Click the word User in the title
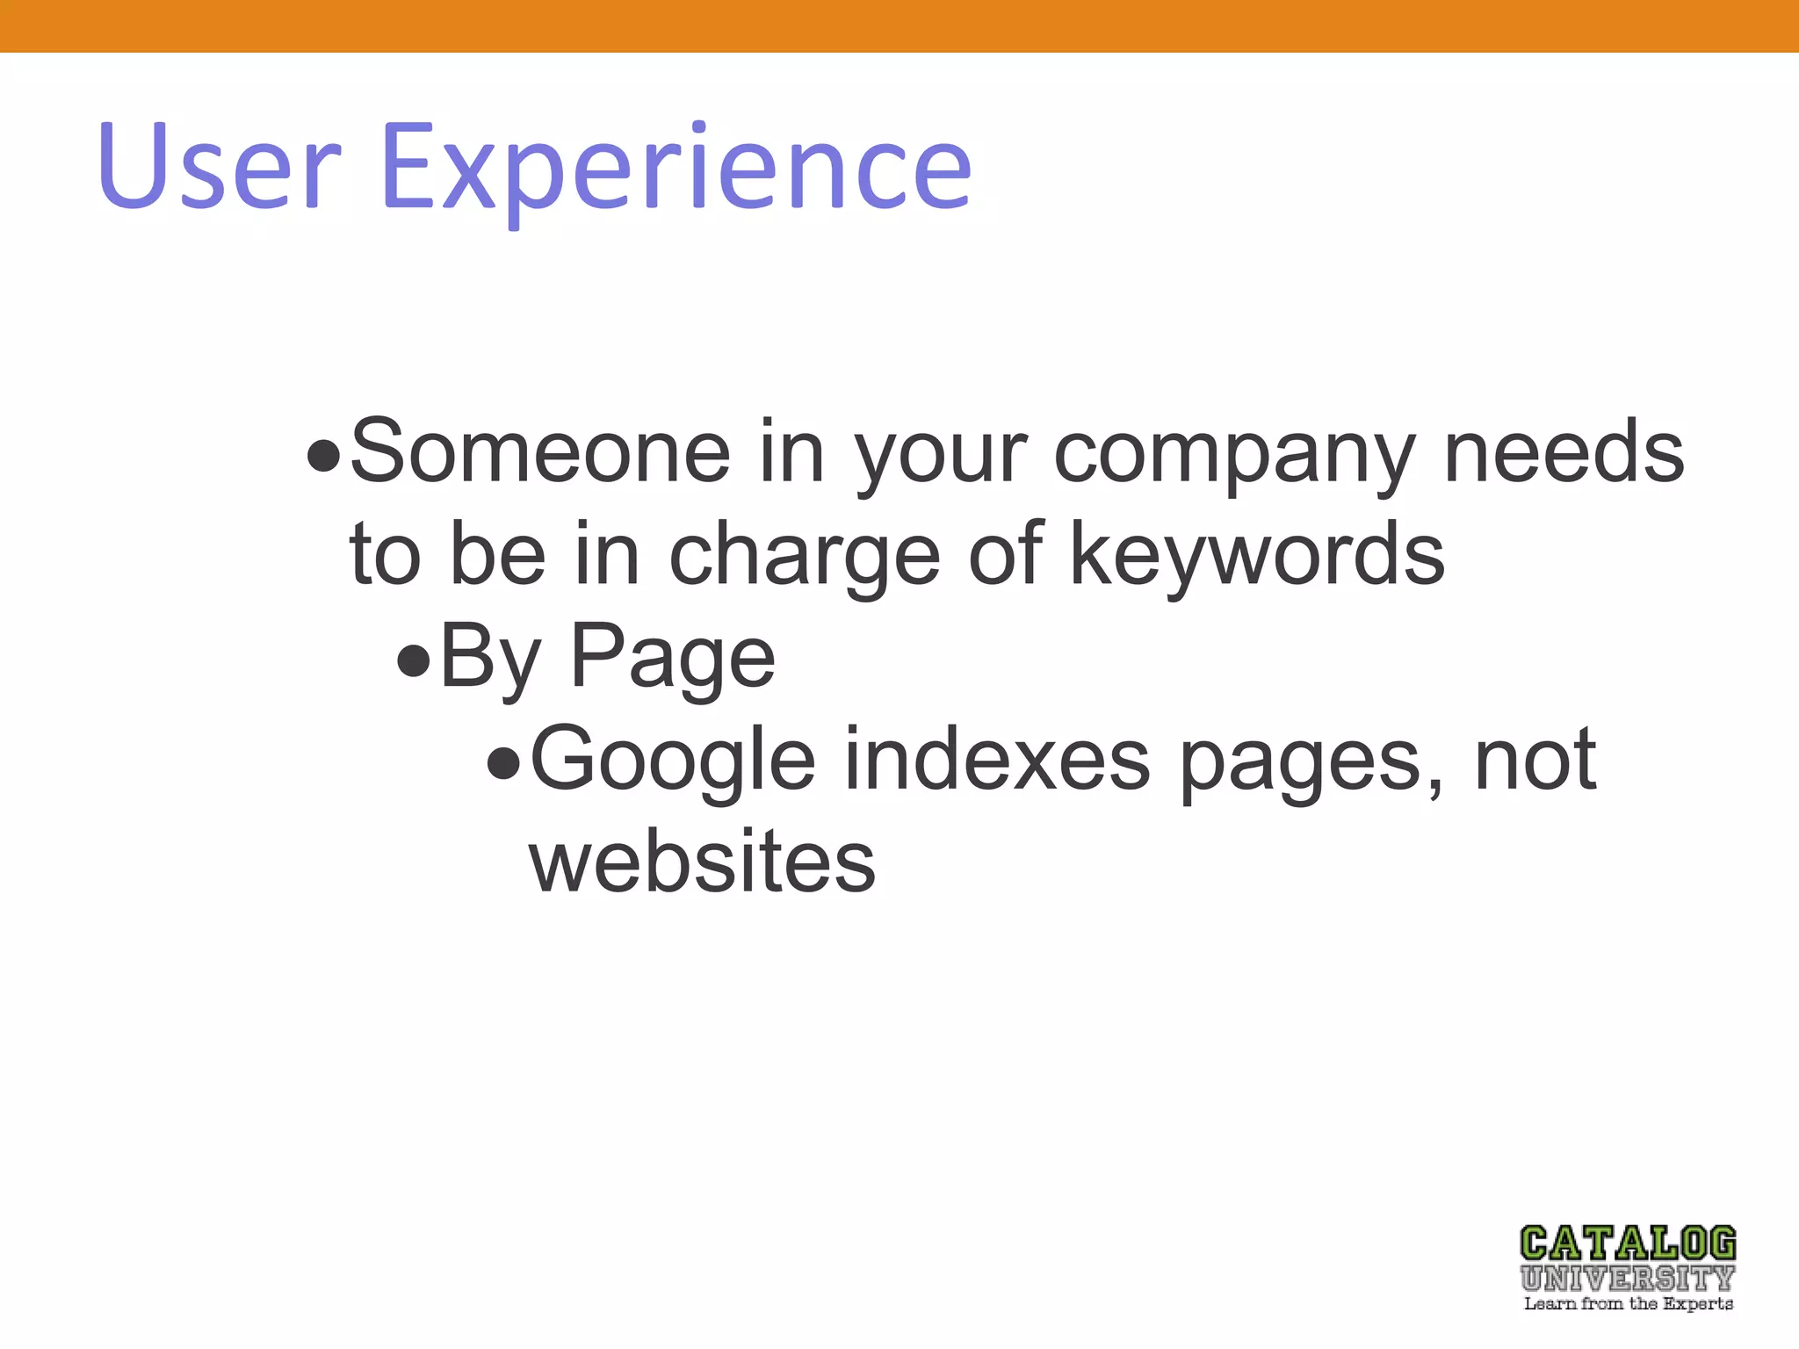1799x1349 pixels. tap(219, 167)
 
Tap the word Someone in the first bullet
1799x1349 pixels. tap(540, 451)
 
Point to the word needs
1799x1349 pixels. tap(1564, 451)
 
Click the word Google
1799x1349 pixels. tap(673, 761)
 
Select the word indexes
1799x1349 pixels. tap(997, 759)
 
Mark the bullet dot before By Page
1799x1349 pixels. tap(413, 660)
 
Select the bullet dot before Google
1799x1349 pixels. tap(504, 763)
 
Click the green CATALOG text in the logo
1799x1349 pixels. tap(1628, 1244)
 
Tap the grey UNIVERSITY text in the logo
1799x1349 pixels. tap(1628, 1278)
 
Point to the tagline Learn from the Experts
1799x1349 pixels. tap(1628, 1303)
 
